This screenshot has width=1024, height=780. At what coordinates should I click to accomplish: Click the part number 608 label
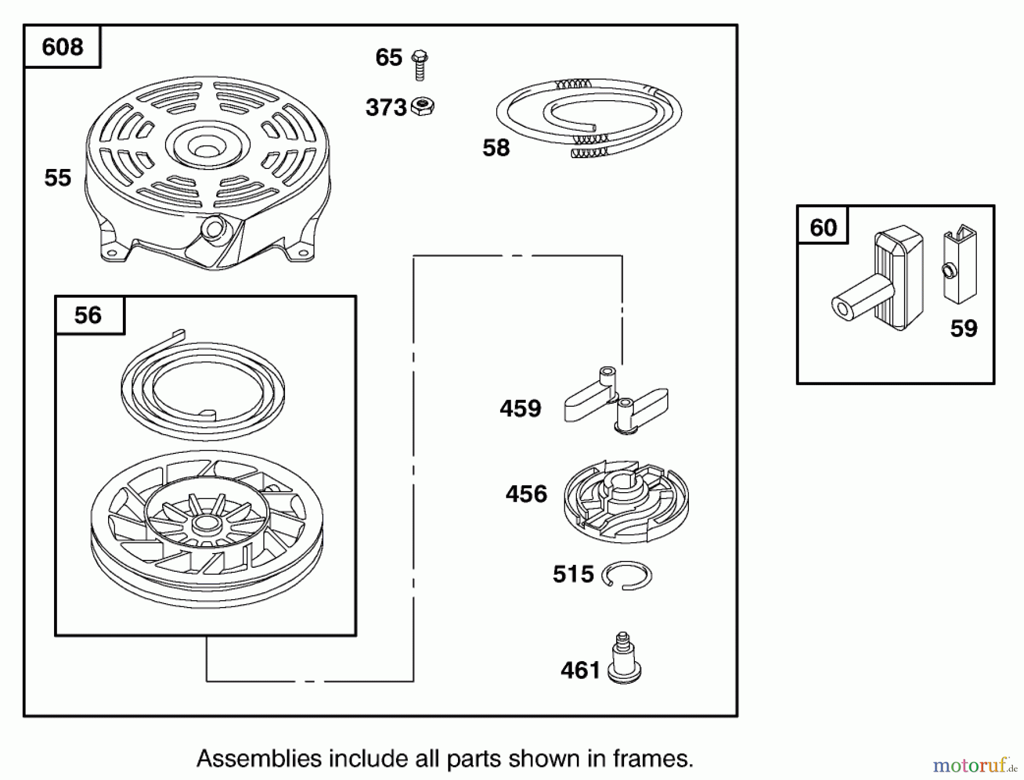click(x=62, y=47)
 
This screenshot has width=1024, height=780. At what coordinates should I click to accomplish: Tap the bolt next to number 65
click(x=420, y=64)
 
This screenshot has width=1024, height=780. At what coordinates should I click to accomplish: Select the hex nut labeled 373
click(x=422, y=106)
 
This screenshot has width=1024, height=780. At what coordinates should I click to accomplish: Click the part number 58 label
click(x=496, y=148)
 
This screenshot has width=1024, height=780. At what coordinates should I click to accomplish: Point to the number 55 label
click(x=57, y=178)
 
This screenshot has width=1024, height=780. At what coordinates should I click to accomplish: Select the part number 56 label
click(x=88, y=315)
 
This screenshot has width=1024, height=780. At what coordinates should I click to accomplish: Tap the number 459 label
click(x=521, y=408)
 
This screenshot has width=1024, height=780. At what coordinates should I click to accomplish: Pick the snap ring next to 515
click(x=627, y=575)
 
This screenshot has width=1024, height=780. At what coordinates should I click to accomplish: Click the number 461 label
click(x=580, y=670)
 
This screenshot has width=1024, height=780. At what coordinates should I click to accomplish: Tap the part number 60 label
click(x=823, y=228)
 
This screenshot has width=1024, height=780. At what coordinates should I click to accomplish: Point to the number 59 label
click(x=964, y=328)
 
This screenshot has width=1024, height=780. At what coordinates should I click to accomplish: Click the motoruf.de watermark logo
click(x=974, y=765)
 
